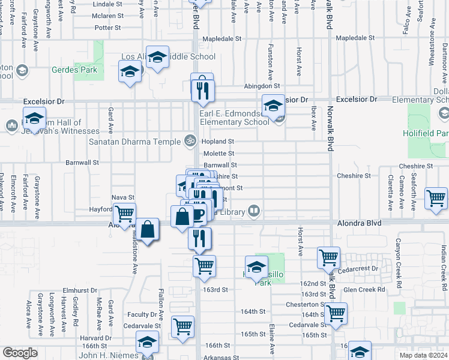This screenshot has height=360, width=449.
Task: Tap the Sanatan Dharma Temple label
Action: pos(134,142)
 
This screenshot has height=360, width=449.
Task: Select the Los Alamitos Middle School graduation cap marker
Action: pos(157,58)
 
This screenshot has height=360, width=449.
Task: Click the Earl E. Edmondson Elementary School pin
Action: pos(273,106)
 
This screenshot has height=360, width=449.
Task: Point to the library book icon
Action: pos(255,211)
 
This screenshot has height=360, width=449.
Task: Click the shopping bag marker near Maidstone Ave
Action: pos(147,229)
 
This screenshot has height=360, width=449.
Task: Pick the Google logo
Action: pos(19,353)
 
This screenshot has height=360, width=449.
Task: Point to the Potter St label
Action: pos(108,28)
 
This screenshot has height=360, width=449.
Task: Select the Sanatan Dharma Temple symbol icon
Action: pos(190,142)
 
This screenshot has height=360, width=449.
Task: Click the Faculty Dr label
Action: pos(142,314)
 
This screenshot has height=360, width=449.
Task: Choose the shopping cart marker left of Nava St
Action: pos(124,213)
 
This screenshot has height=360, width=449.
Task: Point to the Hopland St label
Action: pos(217,142)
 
